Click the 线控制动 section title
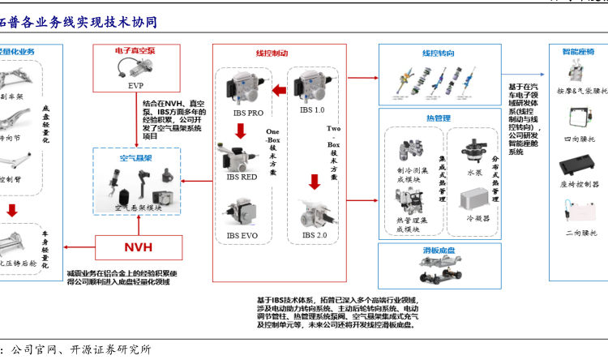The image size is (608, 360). click(272, 53)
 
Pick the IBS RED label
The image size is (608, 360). click(242, 175)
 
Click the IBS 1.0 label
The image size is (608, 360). click(312, 109)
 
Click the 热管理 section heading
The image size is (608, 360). click(438, 118)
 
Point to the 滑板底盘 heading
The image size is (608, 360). click(438, 250)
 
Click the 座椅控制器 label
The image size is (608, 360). click(579, 184)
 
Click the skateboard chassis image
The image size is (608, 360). click(438, 272)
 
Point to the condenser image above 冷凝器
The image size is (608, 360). click(476, 198)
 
